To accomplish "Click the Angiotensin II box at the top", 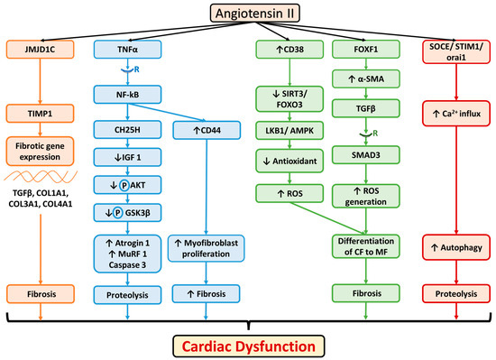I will tap(248, 14).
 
